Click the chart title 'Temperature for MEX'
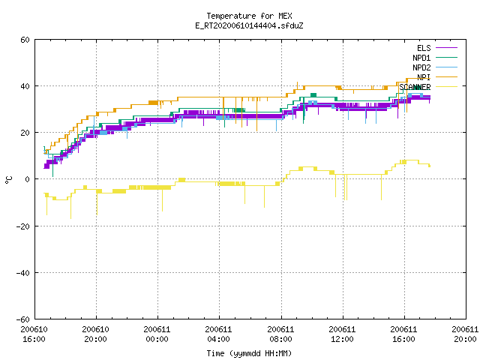click(x=249, y=16)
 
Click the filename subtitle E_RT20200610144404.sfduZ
click(x=249, y=25)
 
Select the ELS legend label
click(x=424, y=48)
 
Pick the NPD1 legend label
click(x=421, y=58)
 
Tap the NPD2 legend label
click(x=421, y=67)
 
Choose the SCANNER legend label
click(x=415, y=87)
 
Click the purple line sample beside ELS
click(x=446, y=48)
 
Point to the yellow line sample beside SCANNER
click(x=446, y=87)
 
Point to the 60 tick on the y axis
click(x=25, y=40)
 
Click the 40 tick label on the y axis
click(x=25, y=86)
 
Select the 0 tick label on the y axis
click(x=27, y=179)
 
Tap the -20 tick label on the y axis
click(x=23, y=226)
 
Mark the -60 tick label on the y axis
click(x=23, y=319)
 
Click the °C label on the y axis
click(x=8, y=180)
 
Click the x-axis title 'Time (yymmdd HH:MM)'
click(x=249, y=353)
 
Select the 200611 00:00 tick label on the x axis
click(x=157, y=334)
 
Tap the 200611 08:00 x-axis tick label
click(x=280, y=334)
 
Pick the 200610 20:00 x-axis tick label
click(x=95, y=334)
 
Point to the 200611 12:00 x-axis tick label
click(x=342, y=334)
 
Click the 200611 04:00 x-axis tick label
click(x=218, y=334)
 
